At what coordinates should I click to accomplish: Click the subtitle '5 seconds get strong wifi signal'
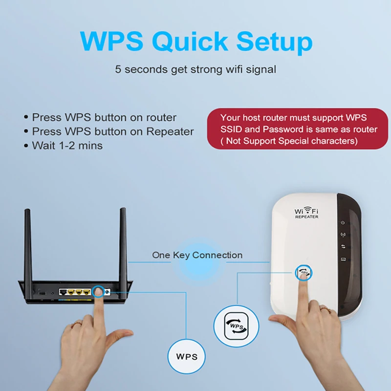195,69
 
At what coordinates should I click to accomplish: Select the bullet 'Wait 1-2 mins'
67,146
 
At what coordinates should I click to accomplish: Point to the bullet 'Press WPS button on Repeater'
112,131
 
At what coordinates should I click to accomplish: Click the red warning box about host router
299,129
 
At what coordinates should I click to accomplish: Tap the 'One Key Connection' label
197,255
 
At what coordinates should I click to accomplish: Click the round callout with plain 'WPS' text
187,356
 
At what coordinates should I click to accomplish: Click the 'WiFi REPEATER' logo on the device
306,213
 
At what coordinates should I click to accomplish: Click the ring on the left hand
77,324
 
